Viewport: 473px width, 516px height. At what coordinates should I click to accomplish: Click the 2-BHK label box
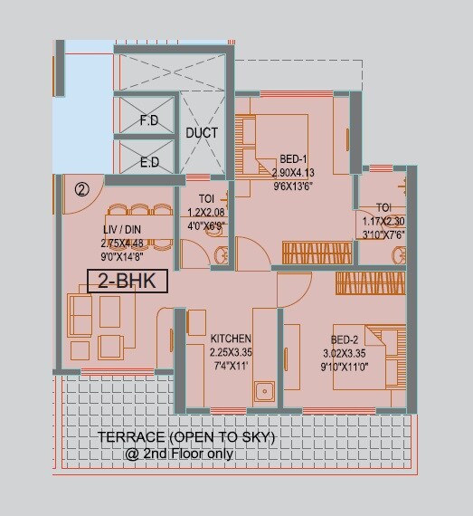(x=128, y=282)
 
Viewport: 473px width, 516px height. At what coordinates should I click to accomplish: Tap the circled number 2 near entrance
(x=82, y=190)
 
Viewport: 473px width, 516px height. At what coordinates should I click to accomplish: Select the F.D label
(x=149, y=120)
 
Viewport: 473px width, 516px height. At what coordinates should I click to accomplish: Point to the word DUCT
(x=202, y=133)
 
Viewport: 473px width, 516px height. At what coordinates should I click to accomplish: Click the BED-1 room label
(x=294, y=157)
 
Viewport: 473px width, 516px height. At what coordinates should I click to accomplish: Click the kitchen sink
(x=265, y=392)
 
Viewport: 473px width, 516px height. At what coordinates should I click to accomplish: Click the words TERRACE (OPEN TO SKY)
(x=185, y=438)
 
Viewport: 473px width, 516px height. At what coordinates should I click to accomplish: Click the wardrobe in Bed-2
(x=371, y=284)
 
